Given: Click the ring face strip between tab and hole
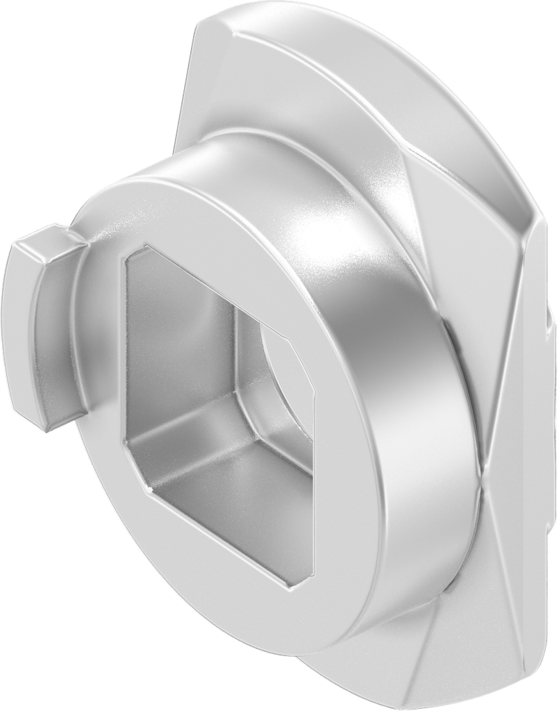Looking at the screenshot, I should click(x=97, y=347).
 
